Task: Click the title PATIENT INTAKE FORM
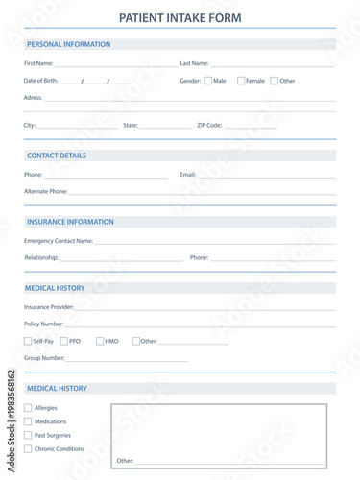[180, 17]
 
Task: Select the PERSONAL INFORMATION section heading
[68, 44]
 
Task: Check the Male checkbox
[208, 81]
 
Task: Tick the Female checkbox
[241, 81]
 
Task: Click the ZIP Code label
[209, 125]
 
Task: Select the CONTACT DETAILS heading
[57, 156]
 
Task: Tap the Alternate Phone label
[46, 191]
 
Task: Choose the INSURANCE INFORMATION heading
[70, 222]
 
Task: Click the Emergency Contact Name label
[59, 241]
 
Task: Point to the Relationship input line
[121, 258]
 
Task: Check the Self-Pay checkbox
[28, 341]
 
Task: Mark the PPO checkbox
[64, 341]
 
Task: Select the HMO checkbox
[100, 341]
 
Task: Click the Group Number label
[44, 358]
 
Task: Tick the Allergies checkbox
[28, 408]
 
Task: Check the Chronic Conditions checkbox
[28, 448]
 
